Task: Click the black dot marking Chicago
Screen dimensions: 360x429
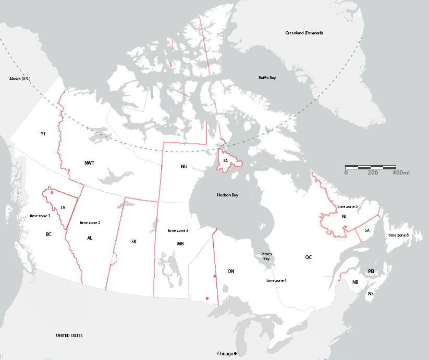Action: click(236, 354)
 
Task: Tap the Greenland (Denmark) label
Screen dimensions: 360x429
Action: click(304, 33)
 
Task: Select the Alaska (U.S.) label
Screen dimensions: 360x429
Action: click(20, 79)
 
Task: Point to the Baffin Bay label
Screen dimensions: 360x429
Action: click(267, 78)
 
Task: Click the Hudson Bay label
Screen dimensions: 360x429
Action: click(227, 195)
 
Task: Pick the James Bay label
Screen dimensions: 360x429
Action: click(266, 256)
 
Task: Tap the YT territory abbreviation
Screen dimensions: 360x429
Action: click(43, 134)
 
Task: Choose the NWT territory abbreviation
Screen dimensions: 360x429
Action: click(90, 163)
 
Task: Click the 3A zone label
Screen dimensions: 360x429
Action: click(225, 161)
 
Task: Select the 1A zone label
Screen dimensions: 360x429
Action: click(63, 207)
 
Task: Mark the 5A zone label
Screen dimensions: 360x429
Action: click(367, 230)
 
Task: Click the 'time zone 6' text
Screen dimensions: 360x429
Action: click(398, 235)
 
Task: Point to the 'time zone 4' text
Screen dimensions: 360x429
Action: click(277, 280)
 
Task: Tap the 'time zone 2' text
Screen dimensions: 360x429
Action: click(90, 222)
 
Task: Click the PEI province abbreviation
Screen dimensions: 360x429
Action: click(371, 271)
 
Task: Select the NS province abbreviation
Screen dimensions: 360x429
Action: click(371, 294)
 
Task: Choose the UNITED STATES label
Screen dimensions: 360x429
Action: click(69, 336)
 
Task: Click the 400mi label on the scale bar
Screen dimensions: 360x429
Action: click(401, 172)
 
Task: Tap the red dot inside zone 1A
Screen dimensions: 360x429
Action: click(52, 192)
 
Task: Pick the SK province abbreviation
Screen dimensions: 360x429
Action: click(134, 241)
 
